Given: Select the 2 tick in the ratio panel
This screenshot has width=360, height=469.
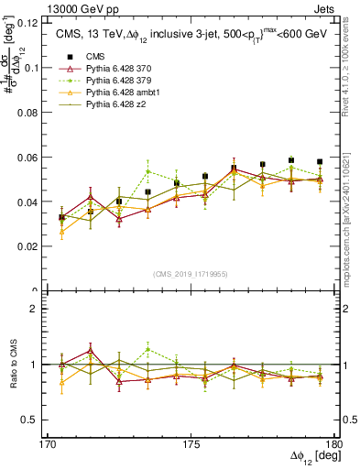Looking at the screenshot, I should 39,309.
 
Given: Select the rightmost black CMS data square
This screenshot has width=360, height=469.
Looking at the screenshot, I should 320,162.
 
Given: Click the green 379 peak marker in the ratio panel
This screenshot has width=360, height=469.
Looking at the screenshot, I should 147,348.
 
